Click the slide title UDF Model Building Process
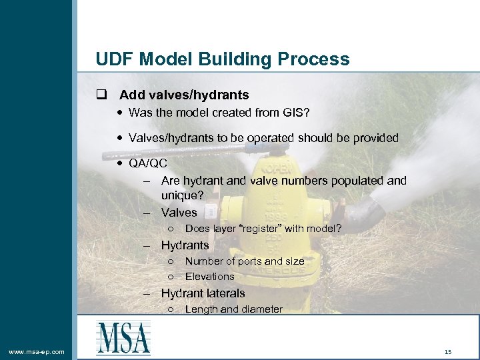222,59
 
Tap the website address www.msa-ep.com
37,351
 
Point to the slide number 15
448,351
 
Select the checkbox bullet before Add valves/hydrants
101,95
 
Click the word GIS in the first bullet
293,112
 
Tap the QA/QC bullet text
147,163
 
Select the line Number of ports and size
244,261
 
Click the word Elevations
209,277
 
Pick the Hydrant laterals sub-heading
203,293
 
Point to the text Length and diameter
233,309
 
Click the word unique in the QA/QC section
181,196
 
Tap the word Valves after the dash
179,213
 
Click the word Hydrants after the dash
185,245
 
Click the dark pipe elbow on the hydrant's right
363,213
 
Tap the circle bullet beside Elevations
171,277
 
